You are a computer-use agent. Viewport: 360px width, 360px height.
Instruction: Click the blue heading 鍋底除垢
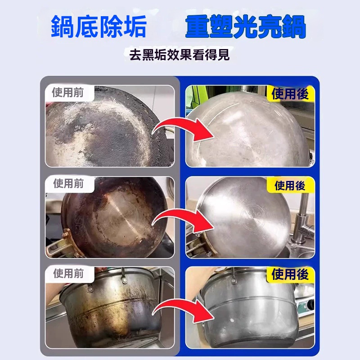tap(99, 27)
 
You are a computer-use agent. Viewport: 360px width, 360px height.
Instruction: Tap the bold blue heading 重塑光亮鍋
tap(245, 27)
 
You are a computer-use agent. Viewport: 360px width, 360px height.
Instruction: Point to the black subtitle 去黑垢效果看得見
tap(179, 54)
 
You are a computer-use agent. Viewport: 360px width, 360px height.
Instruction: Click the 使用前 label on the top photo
tap(67, 93)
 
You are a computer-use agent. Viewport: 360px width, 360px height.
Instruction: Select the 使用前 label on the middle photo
tap(68, 184)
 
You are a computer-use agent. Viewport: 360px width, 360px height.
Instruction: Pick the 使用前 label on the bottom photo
tap(68, 274)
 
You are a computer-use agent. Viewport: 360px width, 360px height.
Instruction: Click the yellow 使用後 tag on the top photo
tap(290, 94)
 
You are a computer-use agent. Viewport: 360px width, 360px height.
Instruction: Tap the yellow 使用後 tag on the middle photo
tap(290, 185)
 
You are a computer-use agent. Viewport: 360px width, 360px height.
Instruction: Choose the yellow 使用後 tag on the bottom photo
tap(290, 274)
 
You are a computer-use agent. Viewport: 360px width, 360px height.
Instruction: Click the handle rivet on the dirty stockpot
tap(125, 279)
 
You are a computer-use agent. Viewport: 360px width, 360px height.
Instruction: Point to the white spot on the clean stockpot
tap(232, 320)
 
